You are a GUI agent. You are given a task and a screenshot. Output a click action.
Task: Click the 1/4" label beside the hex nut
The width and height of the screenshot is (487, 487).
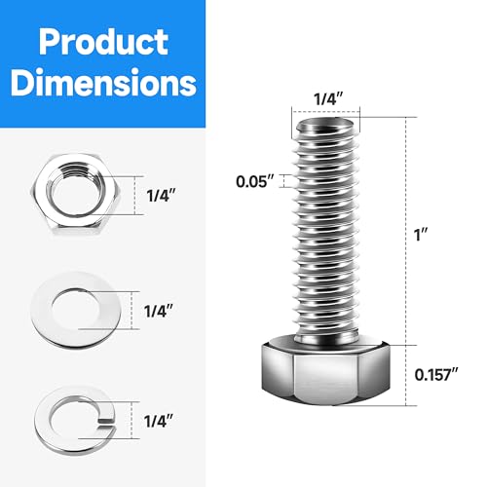[x=160, y=194]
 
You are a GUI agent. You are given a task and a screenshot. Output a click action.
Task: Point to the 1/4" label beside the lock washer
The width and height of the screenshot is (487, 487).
[x=160, y=421]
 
